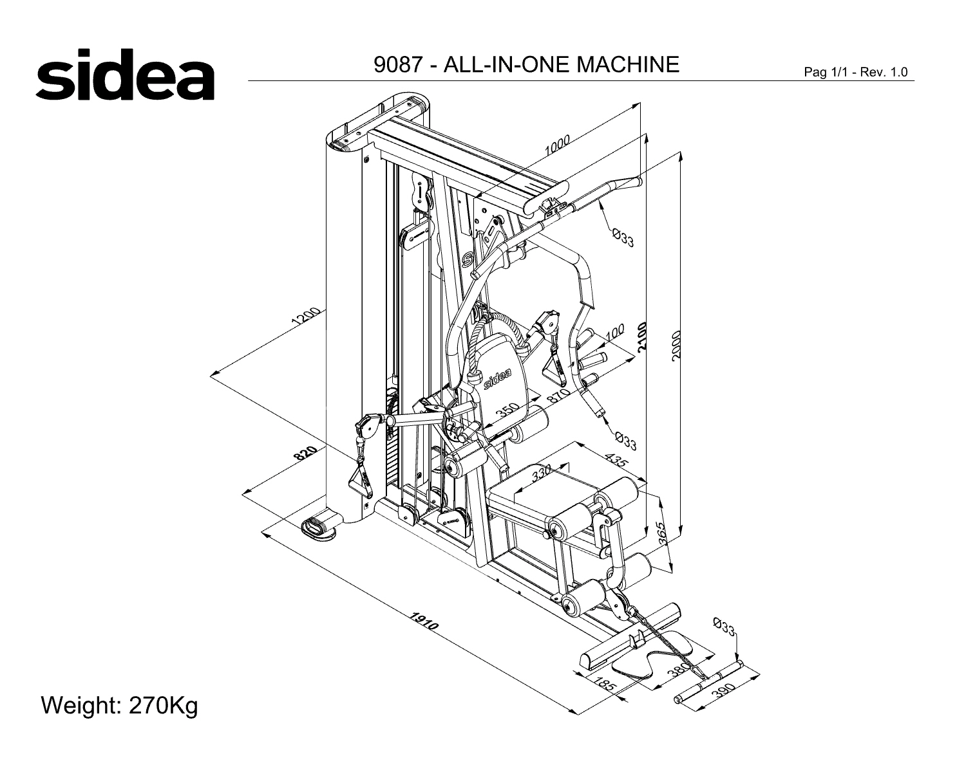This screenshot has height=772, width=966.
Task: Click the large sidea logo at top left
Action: [125, 75]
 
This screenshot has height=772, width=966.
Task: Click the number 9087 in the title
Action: [398, 64]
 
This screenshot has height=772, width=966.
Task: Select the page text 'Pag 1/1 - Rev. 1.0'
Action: [856, 72]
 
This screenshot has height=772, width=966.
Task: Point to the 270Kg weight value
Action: [164, 706]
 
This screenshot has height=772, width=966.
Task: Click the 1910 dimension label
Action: [424, 621]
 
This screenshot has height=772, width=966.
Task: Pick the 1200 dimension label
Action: [306, 317]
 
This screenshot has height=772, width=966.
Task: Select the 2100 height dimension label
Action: [642, 336]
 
